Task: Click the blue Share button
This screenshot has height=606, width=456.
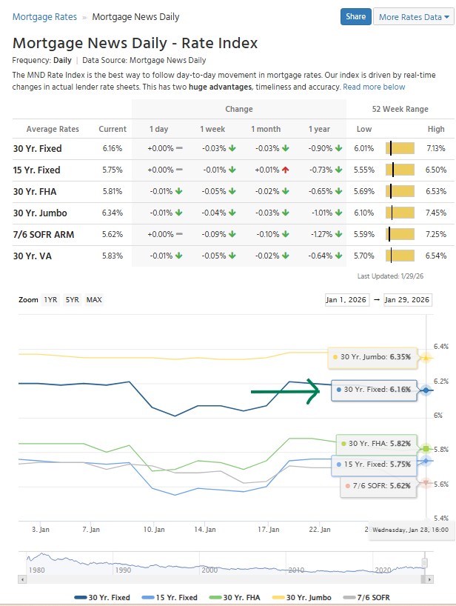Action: pyautogui.click(x=355, y=17)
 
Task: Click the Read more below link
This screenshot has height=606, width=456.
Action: pyautogui.click(x=374, y=87)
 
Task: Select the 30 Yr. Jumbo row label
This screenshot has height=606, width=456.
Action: pyautogui.click(x=40, y=213)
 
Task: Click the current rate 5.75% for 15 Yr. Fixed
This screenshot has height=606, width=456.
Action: pyautogui.click(x=113, y=170)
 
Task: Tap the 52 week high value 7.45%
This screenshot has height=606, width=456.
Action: pyautogui.click(x=436, y=213)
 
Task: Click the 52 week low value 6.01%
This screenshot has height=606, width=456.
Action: pyautogui.click(x=363, y=148)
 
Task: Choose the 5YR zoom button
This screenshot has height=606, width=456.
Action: pyautogui.click(x=73, y=299)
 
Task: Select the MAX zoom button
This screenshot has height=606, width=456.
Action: pyautogui.click(x=94, y=299)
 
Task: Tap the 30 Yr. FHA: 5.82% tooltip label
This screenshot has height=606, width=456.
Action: pyautogui.click(x=375, y=443)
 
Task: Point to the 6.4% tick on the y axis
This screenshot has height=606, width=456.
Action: pyautogui.click(x=441, y=346)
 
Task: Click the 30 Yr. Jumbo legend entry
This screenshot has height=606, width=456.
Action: pyautogui.click(x=305, y=596)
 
